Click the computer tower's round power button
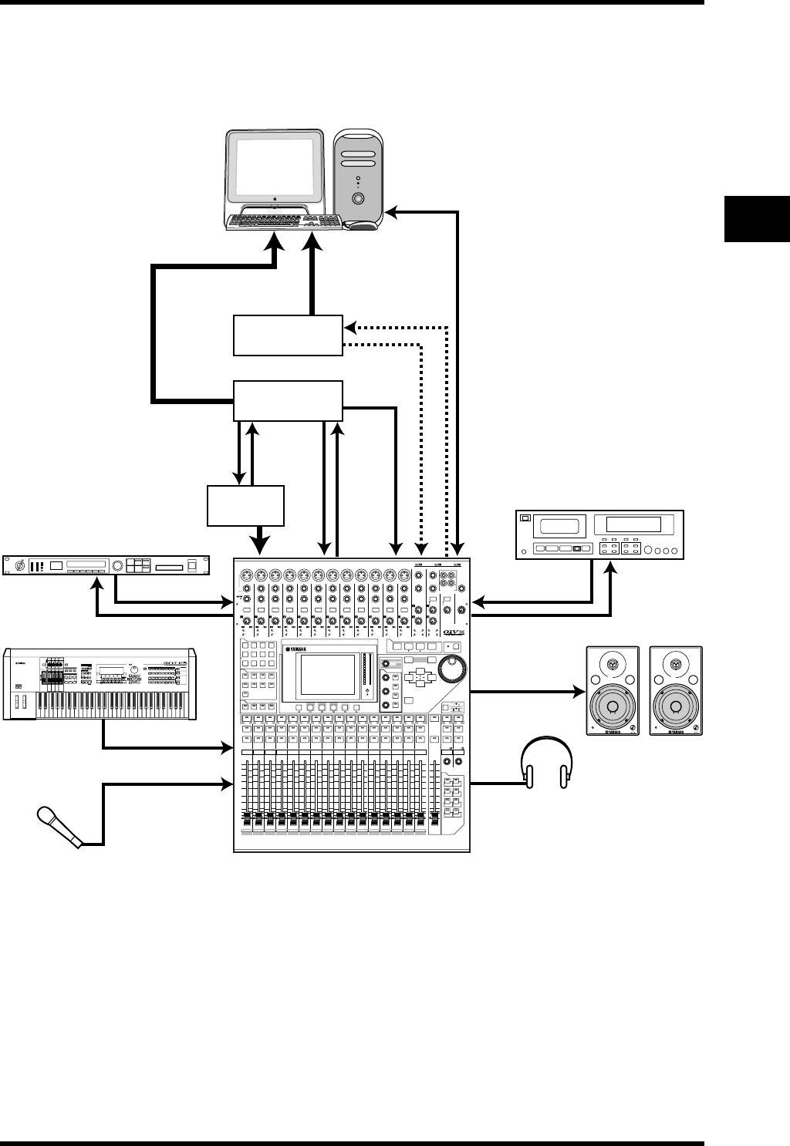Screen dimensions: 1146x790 [x=358, y=197]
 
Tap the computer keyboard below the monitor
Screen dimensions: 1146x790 [x=285, y=221]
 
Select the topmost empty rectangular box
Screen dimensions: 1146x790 [x=288, y=335]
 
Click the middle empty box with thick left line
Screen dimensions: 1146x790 [x=288, y=400]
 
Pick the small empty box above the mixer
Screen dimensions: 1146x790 [x=246, y=505]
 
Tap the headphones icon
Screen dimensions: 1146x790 [x=547, y=763]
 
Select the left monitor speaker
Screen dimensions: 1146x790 [x=613, y=691]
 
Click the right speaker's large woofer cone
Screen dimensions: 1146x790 [x=676, y=708]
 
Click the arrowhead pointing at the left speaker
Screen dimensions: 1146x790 [x=580, y=692]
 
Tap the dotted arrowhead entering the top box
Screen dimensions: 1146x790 [x=349, y=327]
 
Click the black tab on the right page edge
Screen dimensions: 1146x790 [x=757, y=219]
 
